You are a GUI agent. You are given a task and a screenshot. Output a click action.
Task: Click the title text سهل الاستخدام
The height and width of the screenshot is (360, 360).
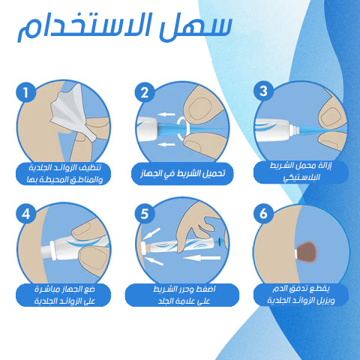click(123, 27)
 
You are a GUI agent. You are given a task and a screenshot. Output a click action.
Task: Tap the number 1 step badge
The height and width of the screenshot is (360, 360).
click(26, 93)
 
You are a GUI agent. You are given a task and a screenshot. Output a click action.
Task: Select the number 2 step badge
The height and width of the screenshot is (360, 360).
click(144, 93)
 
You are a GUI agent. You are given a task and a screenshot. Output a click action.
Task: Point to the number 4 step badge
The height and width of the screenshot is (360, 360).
click(26, 214)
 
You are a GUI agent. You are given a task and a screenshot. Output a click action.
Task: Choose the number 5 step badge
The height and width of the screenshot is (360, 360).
click(144, 214)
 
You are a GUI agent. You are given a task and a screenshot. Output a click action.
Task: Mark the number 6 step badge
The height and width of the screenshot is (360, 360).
click(262, 214)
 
